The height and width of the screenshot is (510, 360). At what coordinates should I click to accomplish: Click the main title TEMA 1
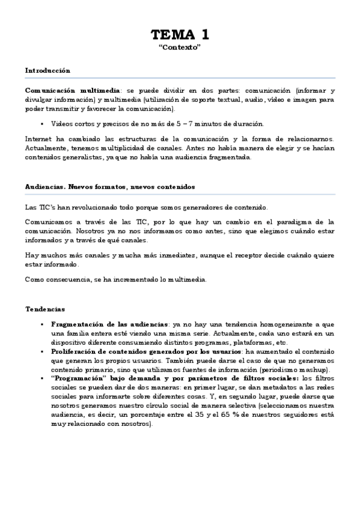[x=180, y=34]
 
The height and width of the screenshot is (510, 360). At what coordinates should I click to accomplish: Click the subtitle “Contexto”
[x=180, y=47]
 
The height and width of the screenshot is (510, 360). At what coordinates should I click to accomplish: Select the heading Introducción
[x=47, y=70]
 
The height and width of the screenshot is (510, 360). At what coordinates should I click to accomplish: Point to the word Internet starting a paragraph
[x=38, y=139]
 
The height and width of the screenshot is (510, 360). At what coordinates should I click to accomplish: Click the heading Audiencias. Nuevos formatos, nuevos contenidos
[x=110, y=186]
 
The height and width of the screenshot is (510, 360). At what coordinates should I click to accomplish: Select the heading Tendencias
[x=44, y=309]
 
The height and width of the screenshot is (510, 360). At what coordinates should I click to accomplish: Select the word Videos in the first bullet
[x=63, y=124]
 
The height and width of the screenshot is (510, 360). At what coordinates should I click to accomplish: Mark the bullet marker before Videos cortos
[x=44, y=124]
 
